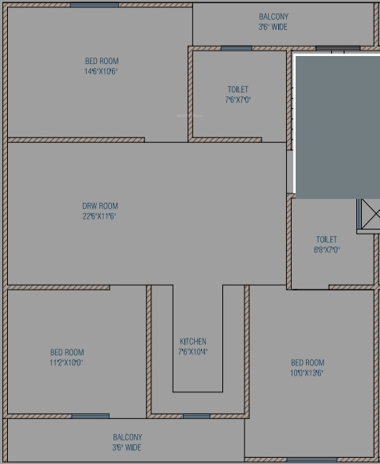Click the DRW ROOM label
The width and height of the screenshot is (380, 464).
pos(100,207)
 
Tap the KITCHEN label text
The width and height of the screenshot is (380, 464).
pos(193,342)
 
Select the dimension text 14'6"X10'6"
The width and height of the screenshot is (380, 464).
pos(102,71)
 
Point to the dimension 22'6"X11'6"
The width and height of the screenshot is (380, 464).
pos(100,216)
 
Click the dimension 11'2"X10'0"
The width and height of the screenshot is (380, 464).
pos(67,363)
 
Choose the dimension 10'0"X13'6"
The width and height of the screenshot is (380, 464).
pos(307,373)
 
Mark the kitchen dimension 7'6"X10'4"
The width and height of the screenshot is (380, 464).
pos(193,352)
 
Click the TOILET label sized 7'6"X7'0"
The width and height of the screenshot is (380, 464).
pos(237,90)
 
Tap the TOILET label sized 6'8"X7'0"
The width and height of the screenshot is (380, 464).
pos(326,239)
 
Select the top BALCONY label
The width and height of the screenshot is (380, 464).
pos(274,17)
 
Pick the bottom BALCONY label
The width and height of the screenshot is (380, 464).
pos(127,437)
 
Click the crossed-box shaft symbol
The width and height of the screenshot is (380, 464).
pos(369,215)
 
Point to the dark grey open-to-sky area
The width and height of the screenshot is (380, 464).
pos(337,126)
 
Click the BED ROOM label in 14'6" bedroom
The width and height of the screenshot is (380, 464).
pos(102,61)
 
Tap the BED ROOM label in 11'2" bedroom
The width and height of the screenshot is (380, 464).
pos(67,353)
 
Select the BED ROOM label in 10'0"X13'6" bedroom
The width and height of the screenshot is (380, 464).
pos(307,363)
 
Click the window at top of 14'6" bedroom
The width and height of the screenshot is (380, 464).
pos(95,5)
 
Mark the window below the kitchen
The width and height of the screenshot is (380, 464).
pos(196,416)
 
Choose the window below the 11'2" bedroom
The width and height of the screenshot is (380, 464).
pos(90,416)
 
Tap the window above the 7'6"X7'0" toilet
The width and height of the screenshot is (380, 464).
pos(237,48)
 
